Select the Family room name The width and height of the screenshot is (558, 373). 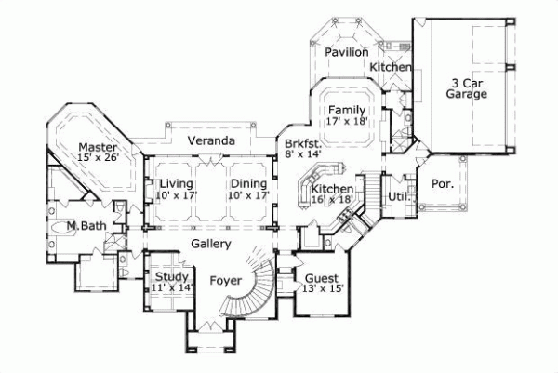(346, 110)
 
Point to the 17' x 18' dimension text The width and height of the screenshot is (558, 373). (346, 122)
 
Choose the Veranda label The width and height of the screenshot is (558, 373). (209, 140)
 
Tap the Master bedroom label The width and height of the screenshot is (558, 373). (97, 147)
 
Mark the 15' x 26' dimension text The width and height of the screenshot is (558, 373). (97, 159)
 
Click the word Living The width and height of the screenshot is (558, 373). (175, 183)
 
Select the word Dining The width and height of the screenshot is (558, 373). (248, 183)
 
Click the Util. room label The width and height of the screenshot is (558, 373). (399, 196)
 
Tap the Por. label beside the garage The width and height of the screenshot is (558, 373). (443, 183)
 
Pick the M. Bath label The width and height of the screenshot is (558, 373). (83, 226)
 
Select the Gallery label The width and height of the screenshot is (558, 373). (211, 243)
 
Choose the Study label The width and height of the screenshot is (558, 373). (172, 277)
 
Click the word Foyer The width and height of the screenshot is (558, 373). (226, 279)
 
